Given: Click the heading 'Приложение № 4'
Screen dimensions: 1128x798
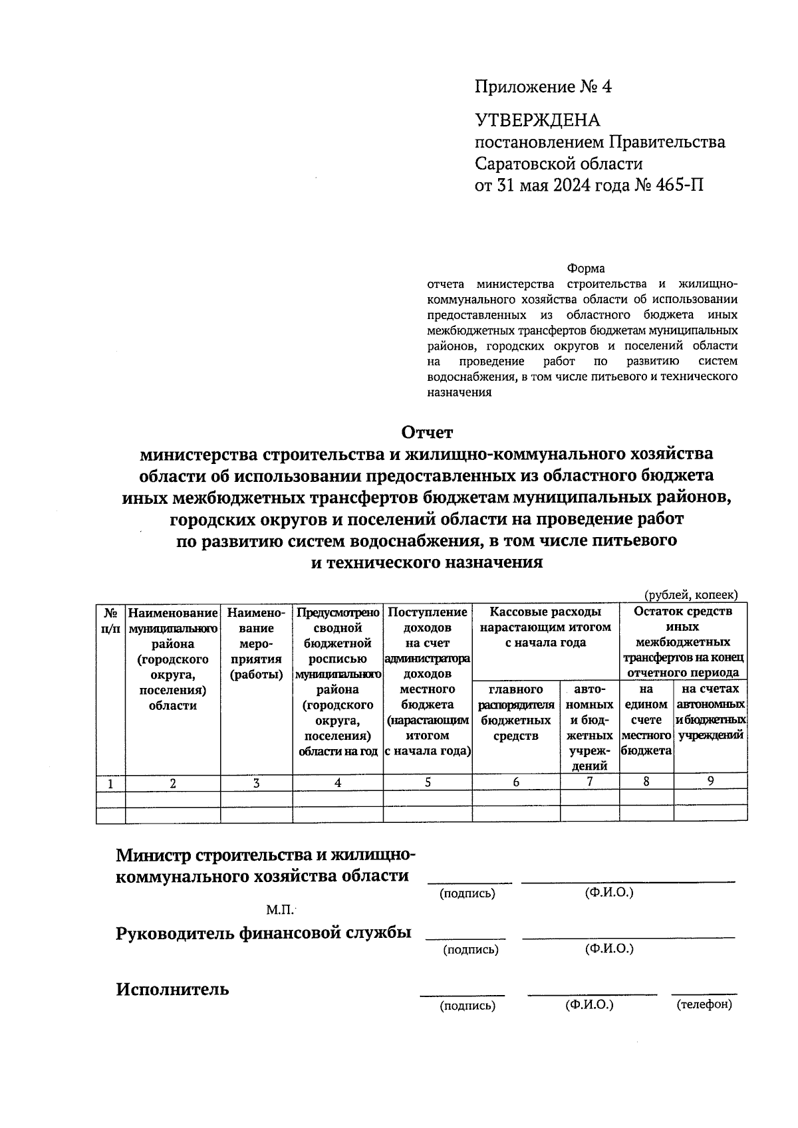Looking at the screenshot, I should click(543, 87).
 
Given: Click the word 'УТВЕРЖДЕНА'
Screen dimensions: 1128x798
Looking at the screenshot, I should click(537, 120).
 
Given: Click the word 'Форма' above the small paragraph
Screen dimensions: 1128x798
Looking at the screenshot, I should click(585, 269).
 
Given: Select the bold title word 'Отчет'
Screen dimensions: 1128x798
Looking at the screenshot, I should click(426, 432).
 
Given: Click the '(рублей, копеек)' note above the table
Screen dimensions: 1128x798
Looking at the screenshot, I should click(690, 595).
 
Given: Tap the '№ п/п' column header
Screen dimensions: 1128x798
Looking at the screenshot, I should click(110, 620).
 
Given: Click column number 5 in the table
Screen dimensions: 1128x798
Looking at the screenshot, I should click(428, 782).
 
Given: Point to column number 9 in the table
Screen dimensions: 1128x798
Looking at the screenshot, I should click(710, 782).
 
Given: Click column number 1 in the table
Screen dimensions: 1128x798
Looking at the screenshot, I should click(110, 784).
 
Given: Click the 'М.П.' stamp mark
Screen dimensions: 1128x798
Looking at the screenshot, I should click(279, 909).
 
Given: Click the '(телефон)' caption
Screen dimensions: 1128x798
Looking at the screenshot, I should click(704, 1004).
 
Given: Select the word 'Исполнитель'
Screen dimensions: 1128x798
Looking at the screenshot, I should click(172, 989).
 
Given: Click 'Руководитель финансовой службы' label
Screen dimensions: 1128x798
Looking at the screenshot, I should click(263, 933).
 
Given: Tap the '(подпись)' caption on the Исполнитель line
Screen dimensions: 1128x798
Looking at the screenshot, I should click(467, 1006).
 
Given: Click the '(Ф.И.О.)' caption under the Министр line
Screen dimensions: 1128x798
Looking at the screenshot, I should click(609, 893).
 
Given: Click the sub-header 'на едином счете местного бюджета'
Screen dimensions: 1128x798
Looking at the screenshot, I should click(646, 720).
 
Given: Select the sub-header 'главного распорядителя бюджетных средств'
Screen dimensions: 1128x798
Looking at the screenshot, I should click(516, 713).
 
